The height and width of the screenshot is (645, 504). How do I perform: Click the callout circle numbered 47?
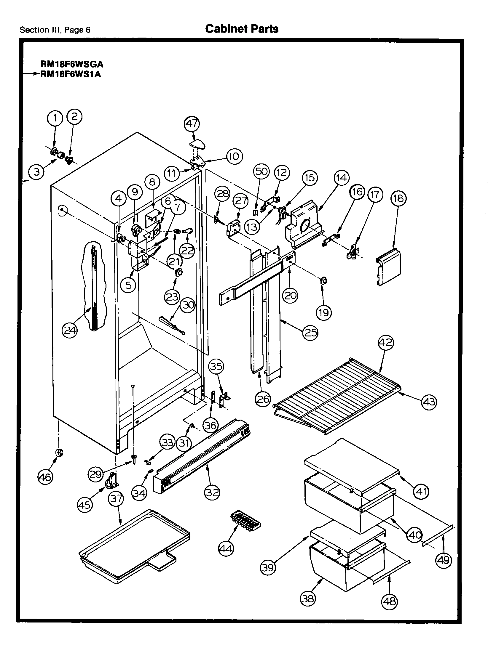[192, 123]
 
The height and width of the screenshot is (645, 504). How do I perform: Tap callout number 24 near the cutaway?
[70, 330]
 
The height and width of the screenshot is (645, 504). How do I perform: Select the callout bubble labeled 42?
[386, 343]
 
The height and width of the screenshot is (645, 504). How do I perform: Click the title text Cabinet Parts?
[242, 29]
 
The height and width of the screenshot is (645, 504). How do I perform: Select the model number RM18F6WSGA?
[72, 64]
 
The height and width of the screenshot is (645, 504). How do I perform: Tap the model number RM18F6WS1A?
[71, 74]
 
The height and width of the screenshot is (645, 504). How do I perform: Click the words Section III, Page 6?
[55, 30]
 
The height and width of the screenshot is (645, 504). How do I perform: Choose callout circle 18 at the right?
[399, 198]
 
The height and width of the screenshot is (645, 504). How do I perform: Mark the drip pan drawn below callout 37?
[133, 548]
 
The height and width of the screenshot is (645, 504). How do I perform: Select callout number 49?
[444, 560]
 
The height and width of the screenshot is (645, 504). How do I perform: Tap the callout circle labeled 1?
[55, 118]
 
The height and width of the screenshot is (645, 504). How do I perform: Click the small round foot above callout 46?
[59, 453]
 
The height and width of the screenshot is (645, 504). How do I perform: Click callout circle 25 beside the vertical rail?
[310, 333]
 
